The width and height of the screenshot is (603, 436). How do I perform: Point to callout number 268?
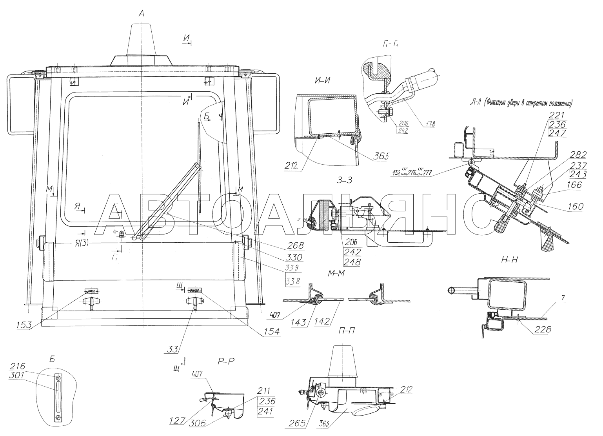tap(295, 246)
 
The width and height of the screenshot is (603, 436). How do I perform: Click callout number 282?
tap(578, 154)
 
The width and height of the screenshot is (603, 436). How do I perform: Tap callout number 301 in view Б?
tap(18, 375)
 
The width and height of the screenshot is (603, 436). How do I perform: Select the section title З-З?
tap(344, 180)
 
